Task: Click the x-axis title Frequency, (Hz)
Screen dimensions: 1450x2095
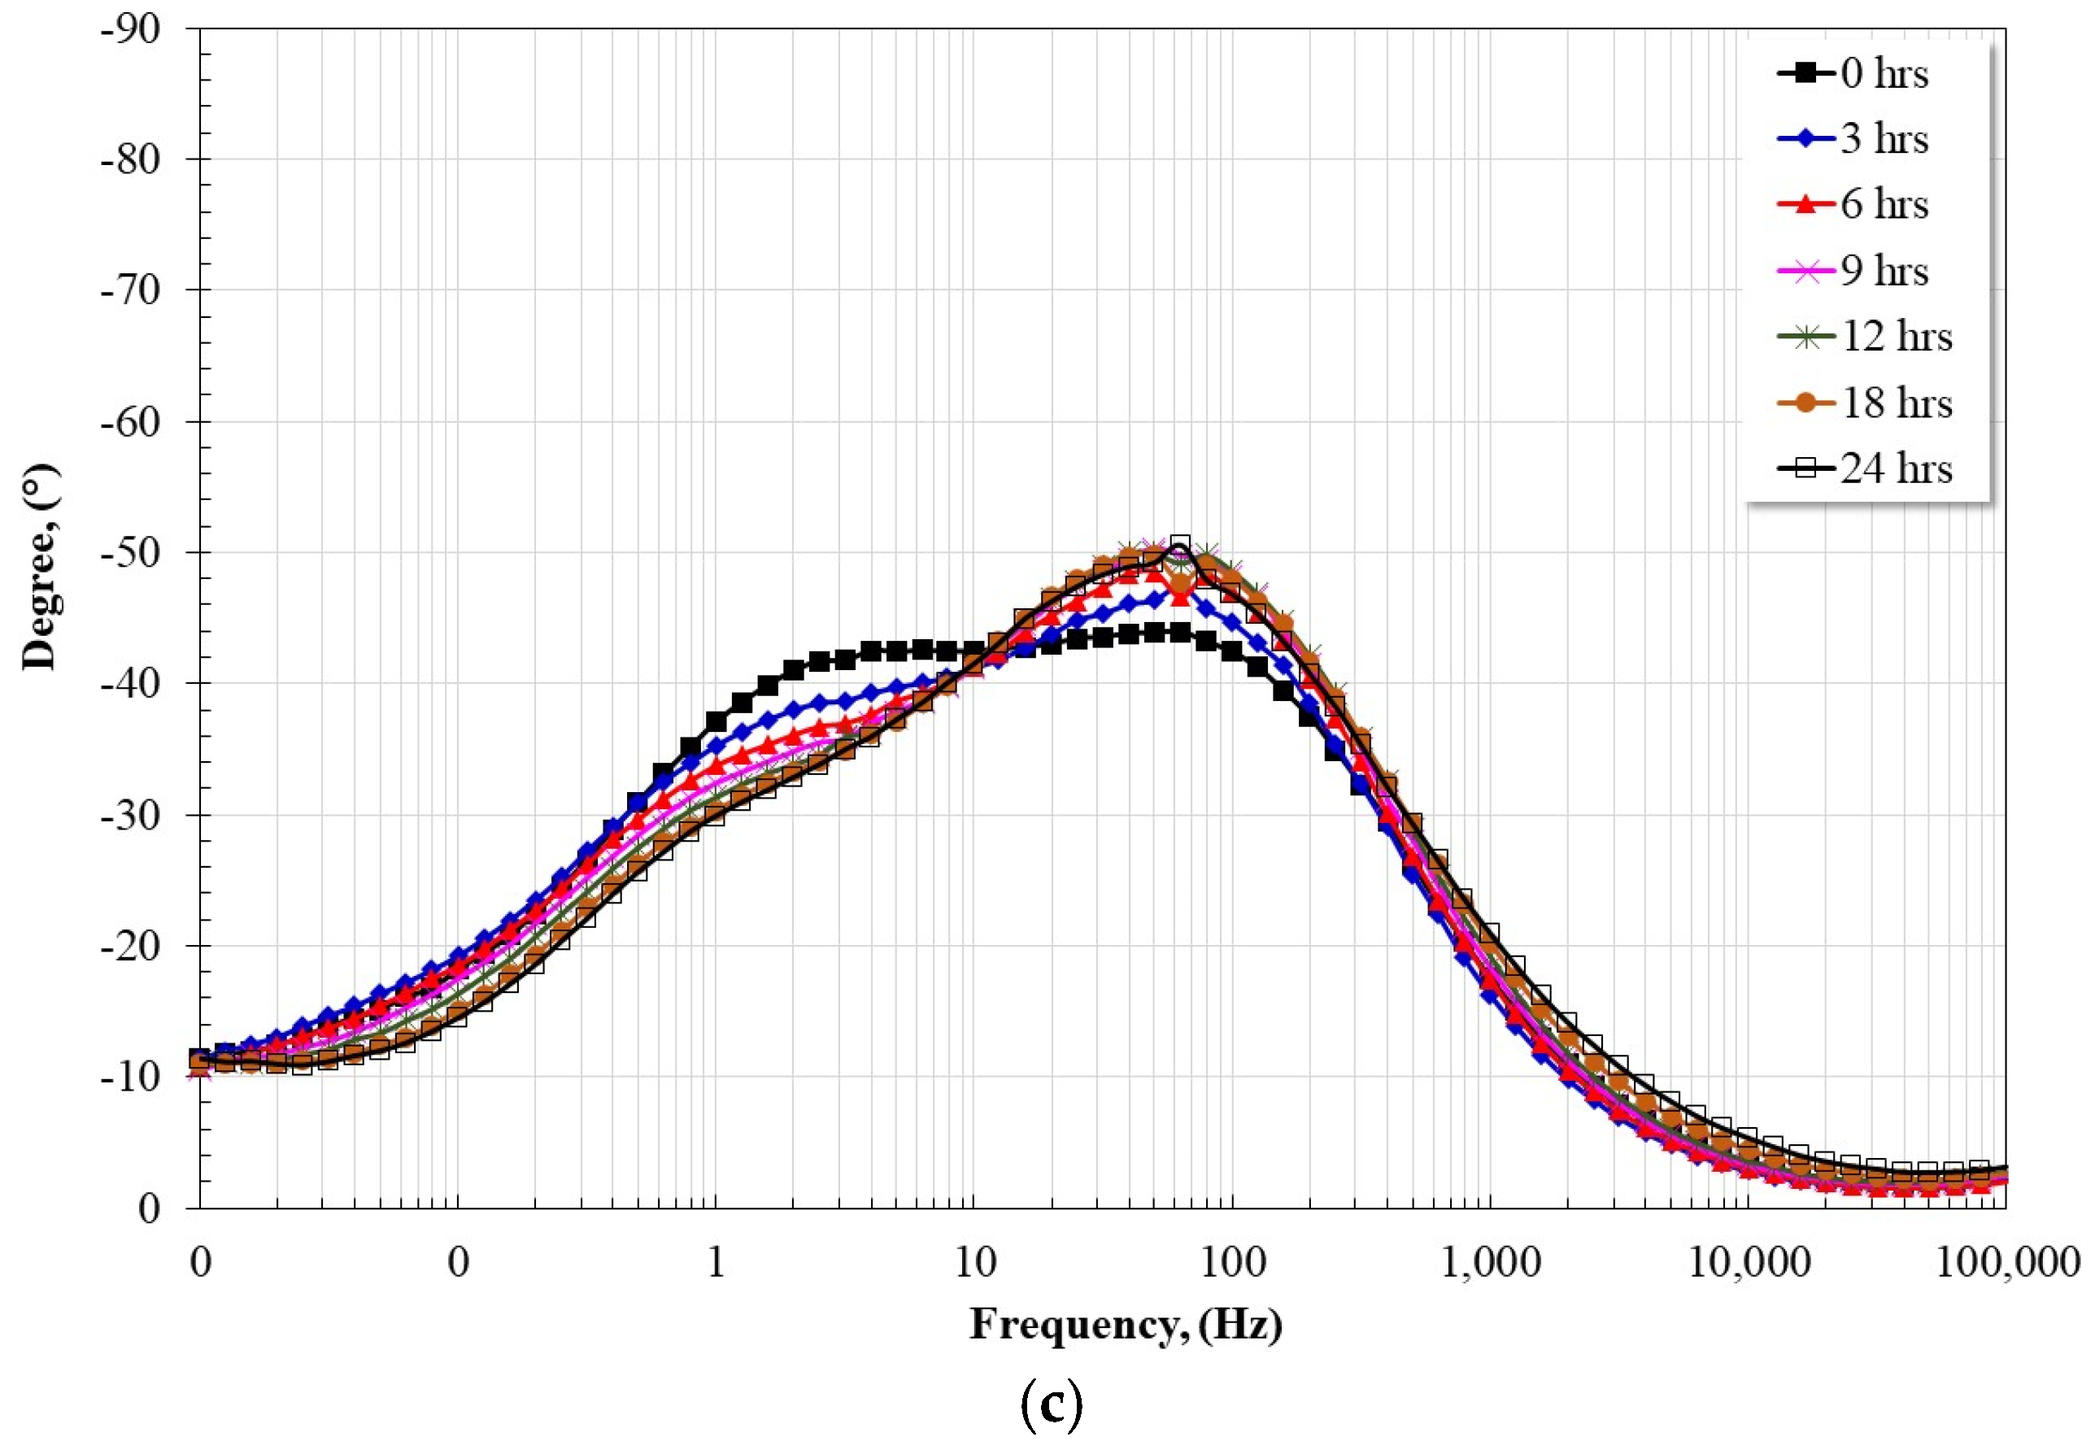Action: [1126, 1325]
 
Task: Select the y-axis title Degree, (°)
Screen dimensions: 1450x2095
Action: [40, 567]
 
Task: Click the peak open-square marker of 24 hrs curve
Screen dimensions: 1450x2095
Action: [1179, 544]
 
